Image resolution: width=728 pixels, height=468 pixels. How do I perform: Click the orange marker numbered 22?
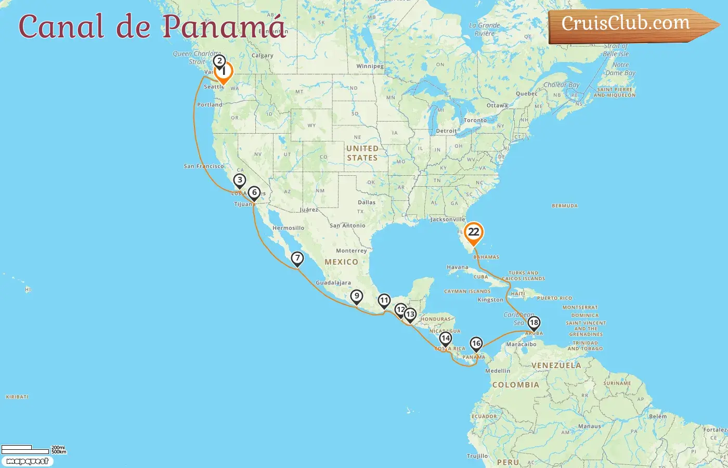coord(473,232)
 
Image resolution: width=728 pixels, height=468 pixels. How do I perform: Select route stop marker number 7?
coord(297,258)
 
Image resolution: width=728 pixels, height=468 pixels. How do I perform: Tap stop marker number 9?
coord(356,296)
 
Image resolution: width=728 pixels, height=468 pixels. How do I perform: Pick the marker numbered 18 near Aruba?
coord(534,323)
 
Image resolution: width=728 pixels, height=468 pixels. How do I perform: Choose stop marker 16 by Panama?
coord(476,343)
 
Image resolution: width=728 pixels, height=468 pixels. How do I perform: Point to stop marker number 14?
coord(445,339)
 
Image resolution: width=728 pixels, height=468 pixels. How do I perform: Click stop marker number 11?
coord(384,301)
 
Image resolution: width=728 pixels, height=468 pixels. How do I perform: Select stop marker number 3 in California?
coord(239,180)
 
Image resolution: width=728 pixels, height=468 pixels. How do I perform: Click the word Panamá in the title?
coord(224,26)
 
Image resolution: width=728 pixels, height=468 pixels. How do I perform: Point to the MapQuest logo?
coord(27,461)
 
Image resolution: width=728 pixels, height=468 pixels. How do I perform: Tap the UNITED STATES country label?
coord(362,153)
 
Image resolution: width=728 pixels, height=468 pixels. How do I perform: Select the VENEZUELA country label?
coord(556,366)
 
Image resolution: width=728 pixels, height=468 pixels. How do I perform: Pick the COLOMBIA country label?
coord(515,385)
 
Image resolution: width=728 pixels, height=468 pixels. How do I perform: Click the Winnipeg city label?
coord(370,67)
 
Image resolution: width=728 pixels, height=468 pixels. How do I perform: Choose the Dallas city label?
coord(366,202)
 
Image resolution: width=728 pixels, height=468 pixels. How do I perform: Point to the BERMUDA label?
coord(565,206)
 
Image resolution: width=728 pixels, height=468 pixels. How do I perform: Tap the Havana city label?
coord(457,267)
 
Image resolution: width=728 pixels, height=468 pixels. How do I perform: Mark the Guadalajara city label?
coord(333,283)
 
